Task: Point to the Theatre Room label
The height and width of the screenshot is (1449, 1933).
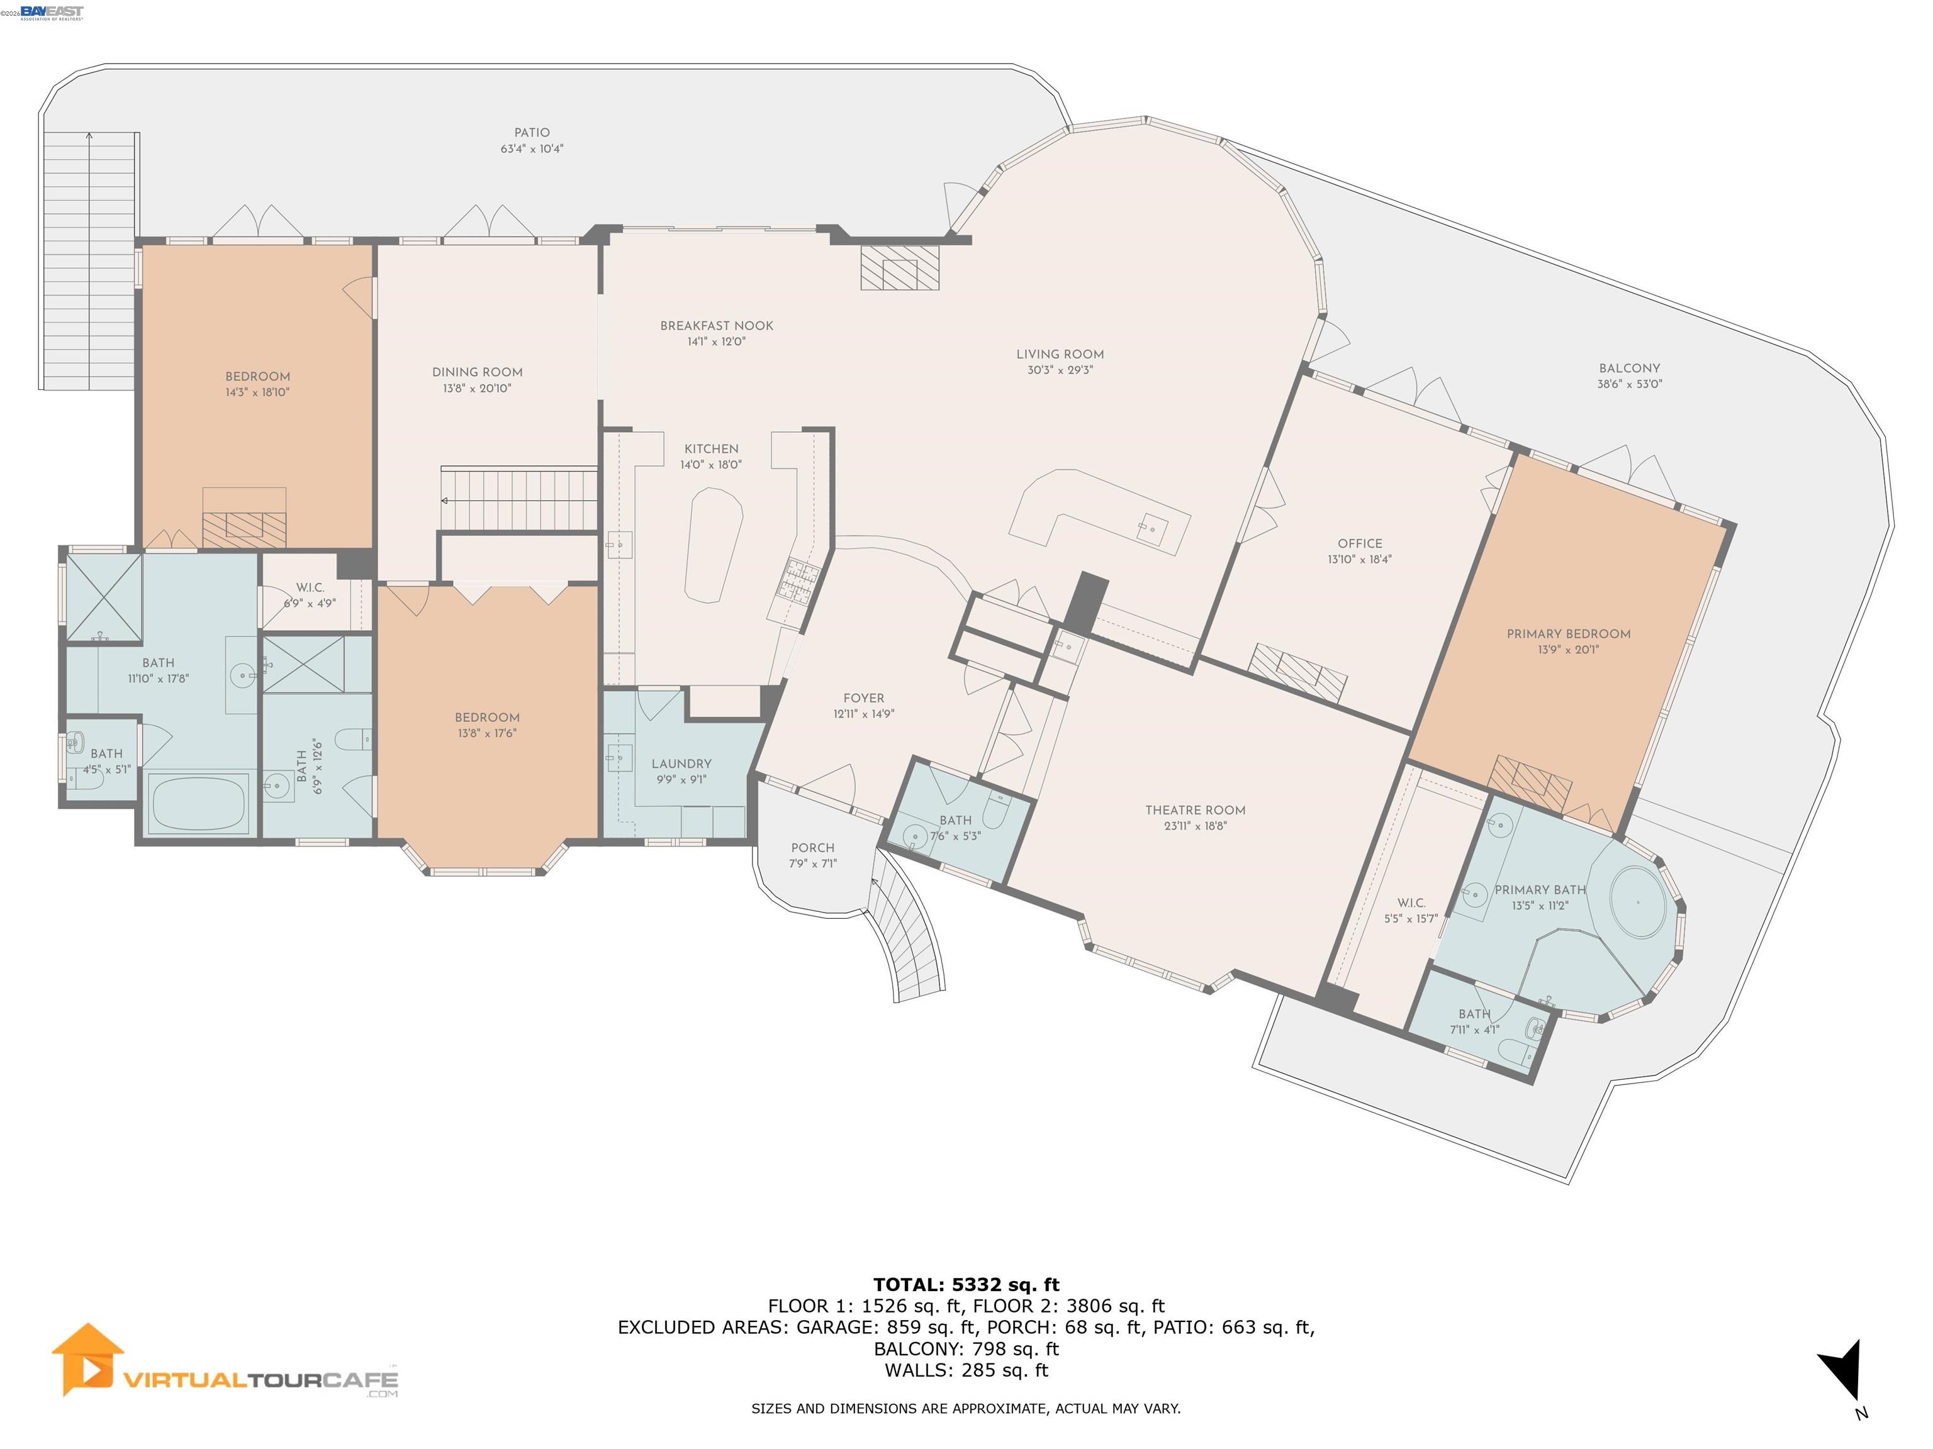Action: (x=1194, y=811)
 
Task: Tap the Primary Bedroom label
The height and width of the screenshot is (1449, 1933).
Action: (x=1567, y=634)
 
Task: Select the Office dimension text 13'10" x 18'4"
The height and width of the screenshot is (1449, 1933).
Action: (x=1359, y=560)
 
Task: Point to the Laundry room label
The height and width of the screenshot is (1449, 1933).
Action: (x=681, y=763)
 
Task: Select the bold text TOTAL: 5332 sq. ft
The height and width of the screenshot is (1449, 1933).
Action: (x=966, y=1285)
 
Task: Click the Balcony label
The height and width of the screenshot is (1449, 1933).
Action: (x=1629, y=369)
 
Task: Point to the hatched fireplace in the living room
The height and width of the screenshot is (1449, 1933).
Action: (x=899, y=267)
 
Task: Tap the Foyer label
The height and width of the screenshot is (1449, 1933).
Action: (x=863, y=698)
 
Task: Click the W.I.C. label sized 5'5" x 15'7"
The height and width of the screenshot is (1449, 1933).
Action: (x=1411, y=903)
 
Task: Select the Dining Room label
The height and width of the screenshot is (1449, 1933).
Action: (x=477, y=372)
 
